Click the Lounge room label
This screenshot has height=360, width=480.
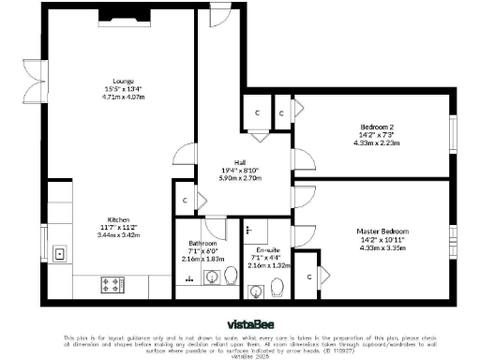click(x=122, y=81)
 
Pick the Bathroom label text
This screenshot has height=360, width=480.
click(x=202, y=242)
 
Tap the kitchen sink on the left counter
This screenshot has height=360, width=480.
click(x=59, y=252)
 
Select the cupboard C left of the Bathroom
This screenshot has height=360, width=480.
click(x=186, y=200)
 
